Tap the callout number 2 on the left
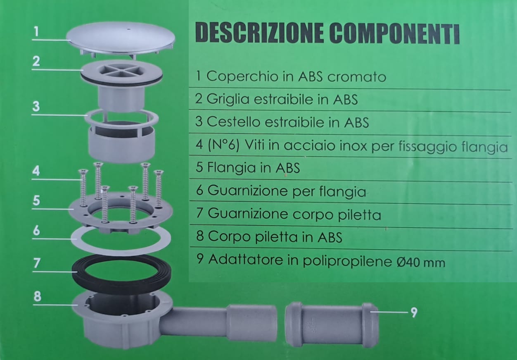click(x=36, y=62)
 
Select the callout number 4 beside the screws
click(x=36, y=171)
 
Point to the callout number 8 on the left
click(x=37, y=297)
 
